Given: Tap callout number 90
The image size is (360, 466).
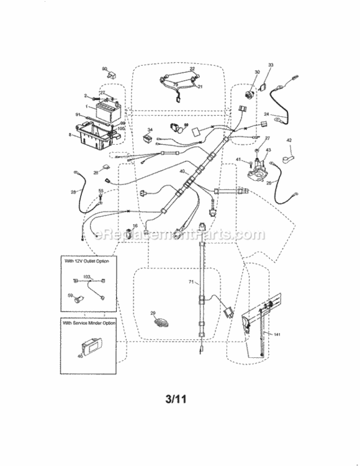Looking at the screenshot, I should point(104,68).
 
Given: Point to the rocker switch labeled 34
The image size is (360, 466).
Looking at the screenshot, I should point(148,135).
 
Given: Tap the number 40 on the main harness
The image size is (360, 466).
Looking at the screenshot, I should point(182,171).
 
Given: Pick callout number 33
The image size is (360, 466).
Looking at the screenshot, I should point(271,65).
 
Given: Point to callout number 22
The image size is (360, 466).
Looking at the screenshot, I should point(192,70).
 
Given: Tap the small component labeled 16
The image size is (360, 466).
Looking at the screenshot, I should point(133,234).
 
